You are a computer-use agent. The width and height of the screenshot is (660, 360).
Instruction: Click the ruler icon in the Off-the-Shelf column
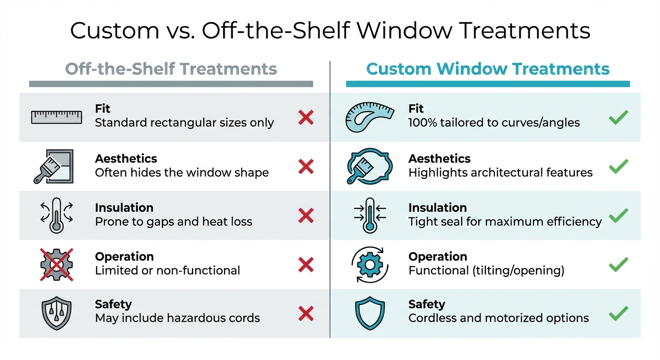coord(56,117)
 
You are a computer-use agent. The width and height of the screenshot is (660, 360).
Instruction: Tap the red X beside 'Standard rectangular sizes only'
coord(306,117)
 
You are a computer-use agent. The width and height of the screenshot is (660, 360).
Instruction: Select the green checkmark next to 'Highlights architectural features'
coord(618,166)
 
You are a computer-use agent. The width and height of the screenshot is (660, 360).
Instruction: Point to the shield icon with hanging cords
coord(57,313)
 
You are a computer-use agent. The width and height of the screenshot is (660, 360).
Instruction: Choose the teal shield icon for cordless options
coord(369,313)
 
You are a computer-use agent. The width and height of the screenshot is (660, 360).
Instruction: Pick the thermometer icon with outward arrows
coord(57,215)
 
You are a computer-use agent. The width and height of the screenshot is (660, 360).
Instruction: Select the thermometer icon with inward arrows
coord(369,215)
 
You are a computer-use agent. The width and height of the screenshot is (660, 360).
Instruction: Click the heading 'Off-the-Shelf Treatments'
coord(171,69)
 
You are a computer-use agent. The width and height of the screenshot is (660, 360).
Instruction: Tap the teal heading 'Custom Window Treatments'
coord(487,69)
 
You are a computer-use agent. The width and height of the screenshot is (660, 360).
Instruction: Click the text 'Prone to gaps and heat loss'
coord(173,222)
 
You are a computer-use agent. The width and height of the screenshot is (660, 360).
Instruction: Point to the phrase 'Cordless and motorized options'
coord(498,318)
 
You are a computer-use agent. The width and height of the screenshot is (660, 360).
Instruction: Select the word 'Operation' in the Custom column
coord(438,257)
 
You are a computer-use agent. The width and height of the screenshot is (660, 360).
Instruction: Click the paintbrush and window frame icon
coord(54,166)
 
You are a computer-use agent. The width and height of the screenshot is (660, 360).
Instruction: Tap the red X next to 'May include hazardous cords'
coord(306,313)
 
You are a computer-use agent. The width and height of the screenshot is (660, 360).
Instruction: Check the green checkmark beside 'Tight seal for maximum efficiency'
coord(618,215)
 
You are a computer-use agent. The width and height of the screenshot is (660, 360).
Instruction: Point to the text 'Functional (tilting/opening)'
coord(486,270)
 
